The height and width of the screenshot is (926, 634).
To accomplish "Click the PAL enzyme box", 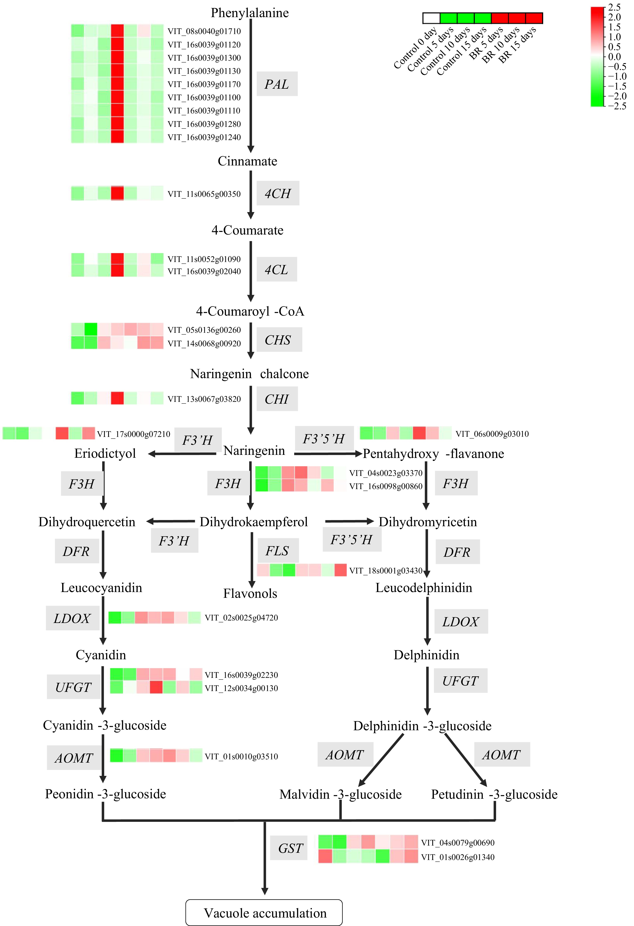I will [x=277, y=84].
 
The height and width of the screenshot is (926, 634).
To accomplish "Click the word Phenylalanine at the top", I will [x=250, y=13].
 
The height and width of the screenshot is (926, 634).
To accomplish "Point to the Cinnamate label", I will [x=247, y=161].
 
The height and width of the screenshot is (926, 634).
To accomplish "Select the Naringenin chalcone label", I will [x=249, y=374].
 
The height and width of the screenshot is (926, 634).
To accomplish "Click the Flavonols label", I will [x=250, y=593].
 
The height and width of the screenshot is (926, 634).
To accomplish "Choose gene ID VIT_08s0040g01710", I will [x=204, y=31].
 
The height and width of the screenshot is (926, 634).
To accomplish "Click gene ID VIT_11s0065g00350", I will [x=204, y=194].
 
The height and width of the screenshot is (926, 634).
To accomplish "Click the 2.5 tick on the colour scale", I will [x=614, y=7].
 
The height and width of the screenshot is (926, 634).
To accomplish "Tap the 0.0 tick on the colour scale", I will [x=614, y=57].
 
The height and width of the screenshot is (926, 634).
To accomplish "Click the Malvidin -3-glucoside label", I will [x=340, y=794].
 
